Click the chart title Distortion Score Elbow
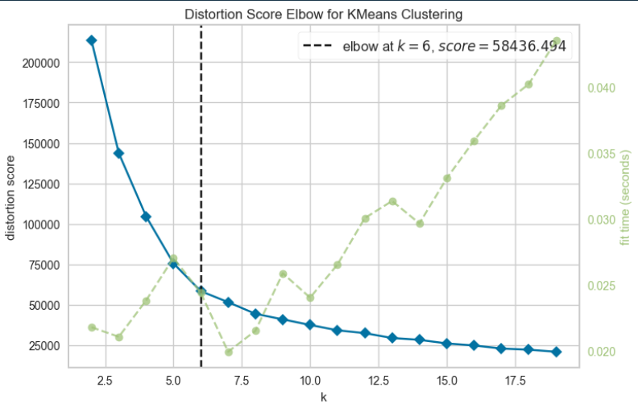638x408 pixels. (324, 14)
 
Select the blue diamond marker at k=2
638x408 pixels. (91, 40)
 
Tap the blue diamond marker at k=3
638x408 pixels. (118, 153)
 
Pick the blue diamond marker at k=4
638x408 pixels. (146, 216)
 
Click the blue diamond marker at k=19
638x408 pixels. (557, 352)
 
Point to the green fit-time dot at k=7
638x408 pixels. (228, 352)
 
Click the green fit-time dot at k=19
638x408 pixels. (557, 40)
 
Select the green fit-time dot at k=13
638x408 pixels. (392, 201)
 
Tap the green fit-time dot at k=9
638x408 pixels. (283, 274)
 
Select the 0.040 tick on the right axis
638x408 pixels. (603, 88)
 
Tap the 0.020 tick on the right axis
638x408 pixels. (603, 352)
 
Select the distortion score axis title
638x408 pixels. (10, 198)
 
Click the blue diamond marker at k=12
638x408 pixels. (365, 332)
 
